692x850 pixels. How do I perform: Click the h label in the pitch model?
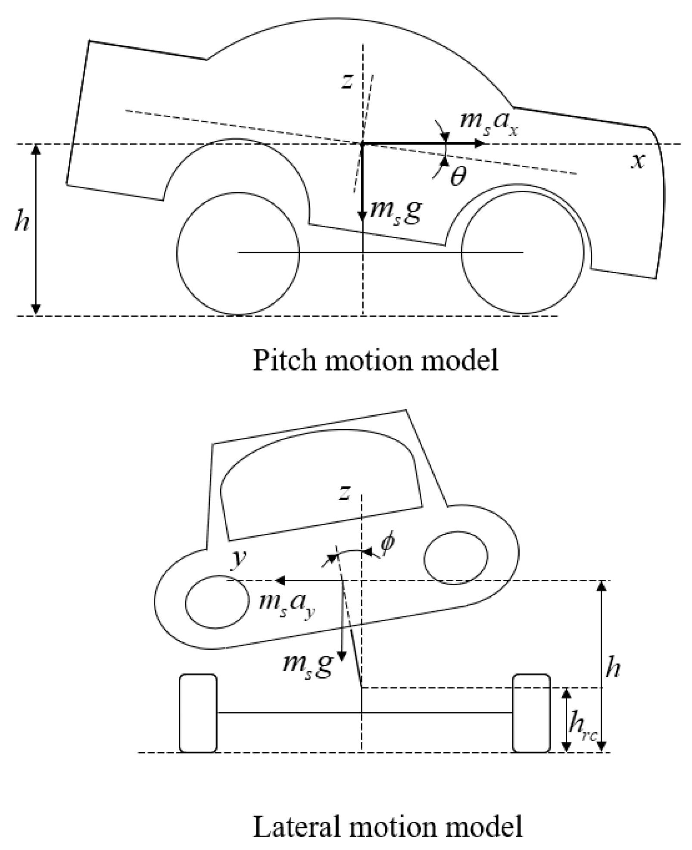pos(22,222)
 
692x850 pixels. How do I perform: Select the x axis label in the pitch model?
pos(638,162)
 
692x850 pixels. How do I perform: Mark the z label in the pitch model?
pos(346,81)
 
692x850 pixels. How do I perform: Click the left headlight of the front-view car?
pos(217,602)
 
